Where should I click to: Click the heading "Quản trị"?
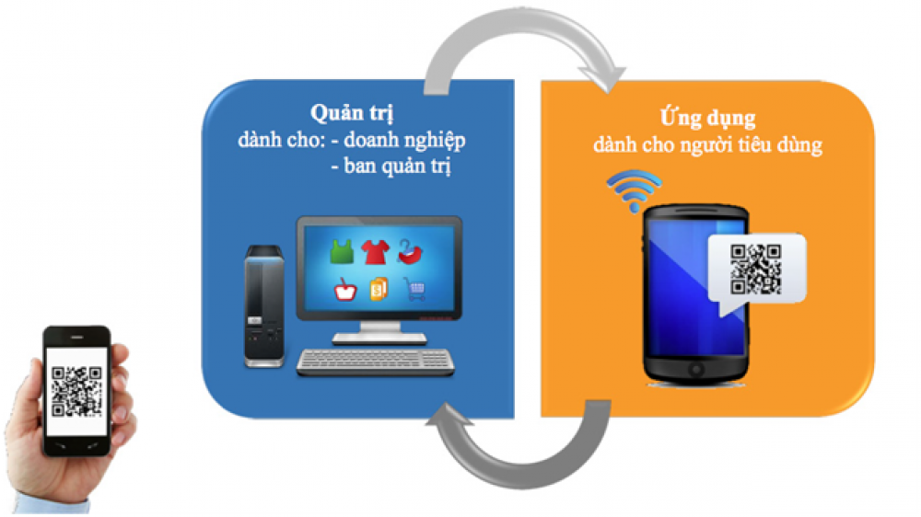point(351,113)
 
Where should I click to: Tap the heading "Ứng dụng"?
point(707,118)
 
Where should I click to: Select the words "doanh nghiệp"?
point(404,140)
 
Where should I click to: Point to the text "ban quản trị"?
point(397,167)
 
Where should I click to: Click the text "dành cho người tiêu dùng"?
point(707,144)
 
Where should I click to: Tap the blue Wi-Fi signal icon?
point(634,190)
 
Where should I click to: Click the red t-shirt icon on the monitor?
point(375,252)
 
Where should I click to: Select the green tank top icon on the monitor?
point(342,251)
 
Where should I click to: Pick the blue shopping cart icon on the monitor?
point(414,289)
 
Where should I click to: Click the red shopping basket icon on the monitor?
point(344,289)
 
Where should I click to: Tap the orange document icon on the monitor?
point(379,289)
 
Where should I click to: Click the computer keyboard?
point(376,362)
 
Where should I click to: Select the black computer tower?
point(263,306)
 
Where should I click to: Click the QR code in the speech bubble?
point(755,269)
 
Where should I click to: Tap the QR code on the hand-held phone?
point(76,391)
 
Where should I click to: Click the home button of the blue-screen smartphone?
point(696,370)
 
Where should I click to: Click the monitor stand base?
point(379,338)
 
